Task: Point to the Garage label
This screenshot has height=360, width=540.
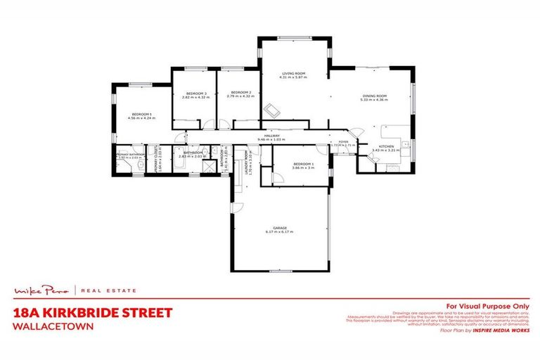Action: click(x=280, y=227)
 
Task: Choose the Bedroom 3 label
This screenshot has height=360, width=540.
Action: click(x=195, y=93)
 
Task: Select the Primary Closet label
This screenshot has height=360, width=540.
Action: click(x=160, y=161)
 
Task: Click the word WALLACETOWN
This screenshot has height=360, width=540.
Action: click(x=46, y=327)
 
